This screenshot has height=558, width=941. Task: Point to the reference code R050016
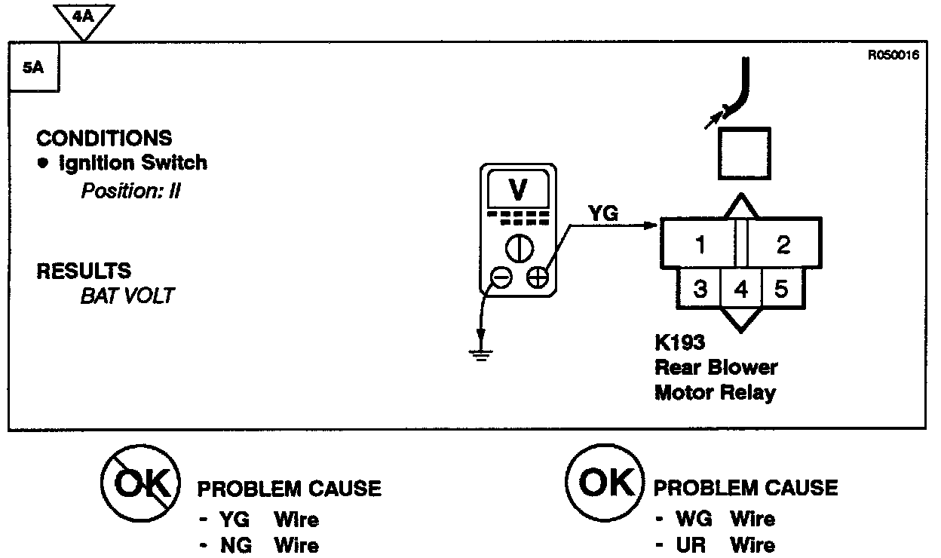[x=893, y=55]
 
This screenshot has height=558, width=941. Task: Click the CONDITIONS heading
[x=104, y=139]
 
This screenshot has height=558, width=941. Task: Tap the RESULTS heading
[x=84, y=271]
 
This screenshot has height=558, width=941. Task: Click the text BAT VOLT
[x=127, y=296]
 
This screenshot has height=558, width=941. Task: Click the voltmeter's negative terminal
[x=501, y=277]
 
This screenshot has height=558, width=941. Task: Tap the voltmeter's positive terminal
[x=537, y=277]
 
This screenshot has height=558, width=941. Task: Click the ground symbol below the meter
[x=480, y=351]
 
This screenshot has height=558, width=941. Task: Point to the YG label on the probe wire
[x=603, y=214]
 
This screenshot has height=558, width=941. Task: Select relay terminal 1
[x=700, y=245]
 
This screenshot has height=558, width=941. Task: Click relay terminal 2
[x=783, y=245]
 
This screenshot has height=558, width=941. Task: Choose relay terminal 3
[x=700, y=289]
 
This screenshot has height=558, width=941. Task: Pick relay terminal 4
[x=741, y=290]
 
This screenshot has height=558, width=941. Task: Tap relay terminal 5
[x=781, y=289]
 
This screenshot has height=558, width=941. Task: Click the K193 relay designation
[x=679, y=344]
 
